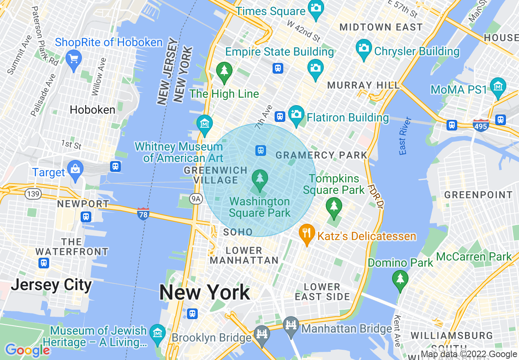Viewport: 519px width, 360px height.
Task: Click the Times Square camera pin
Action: coord(316,8)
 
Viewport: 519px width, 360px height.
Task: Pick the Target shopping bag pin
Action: coord(75,169)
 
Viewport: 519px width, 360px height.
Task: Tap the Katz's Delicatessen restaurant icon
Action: coord(306,233)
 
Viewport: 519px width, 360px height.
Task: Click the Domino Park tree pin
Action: coord(400,279)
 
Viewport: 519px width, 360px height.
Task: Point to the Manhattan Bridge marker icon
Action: coord(291,325)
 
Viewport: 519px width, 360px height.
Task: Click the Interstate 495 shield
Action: coord(481,125)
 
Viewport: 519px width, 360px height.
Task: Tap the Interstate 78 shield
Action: coord(143,214)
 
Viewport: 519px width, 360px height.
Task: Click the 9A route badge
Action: coord(196,199)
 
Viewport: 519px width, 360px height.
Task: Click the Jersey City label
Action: coord(51,285)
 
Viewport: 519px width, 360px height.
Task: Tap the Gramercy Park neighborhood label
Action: coord(322,155)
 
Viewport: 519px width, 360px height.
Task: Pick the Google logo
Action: coord(27,351)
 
